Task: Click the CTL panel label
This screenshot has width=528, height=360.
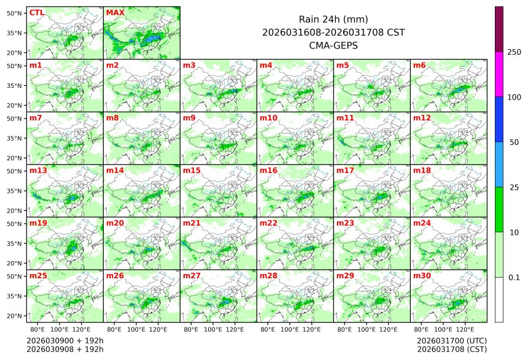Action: click(37, 12)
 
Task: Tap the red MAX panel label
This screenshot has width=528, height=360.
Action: click(115, 12)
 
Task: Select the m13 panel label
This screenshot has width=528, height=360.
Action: click(38, 170)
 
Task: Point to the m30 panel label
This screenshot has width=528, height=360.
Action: click(422, 276)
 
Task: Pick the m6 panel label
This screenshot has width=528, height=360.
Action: click(420, 65)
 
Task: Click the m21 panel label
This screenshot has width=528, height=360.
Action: click(192, 223)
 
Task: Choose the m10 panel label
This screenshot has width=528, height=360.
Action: click(268, 117)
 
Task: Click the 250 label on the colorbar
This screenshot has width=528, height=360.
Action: click(514, 52)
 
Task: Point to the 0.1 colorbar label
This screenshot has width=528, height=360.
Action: click(514, 278)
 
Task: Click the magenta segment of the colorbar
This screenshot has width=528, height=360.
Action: click(499, 74)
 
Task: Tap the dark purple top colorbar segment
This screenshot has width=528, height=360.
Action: click(499, 29)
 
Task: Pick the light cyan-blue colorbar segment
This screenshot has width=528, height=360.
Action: click(499, 164)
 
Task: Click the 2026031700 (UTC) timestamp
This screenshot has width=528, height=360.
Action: click(451, 340)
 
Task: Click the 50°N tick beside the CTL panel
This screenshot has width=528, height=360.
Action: click(15, 13)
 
